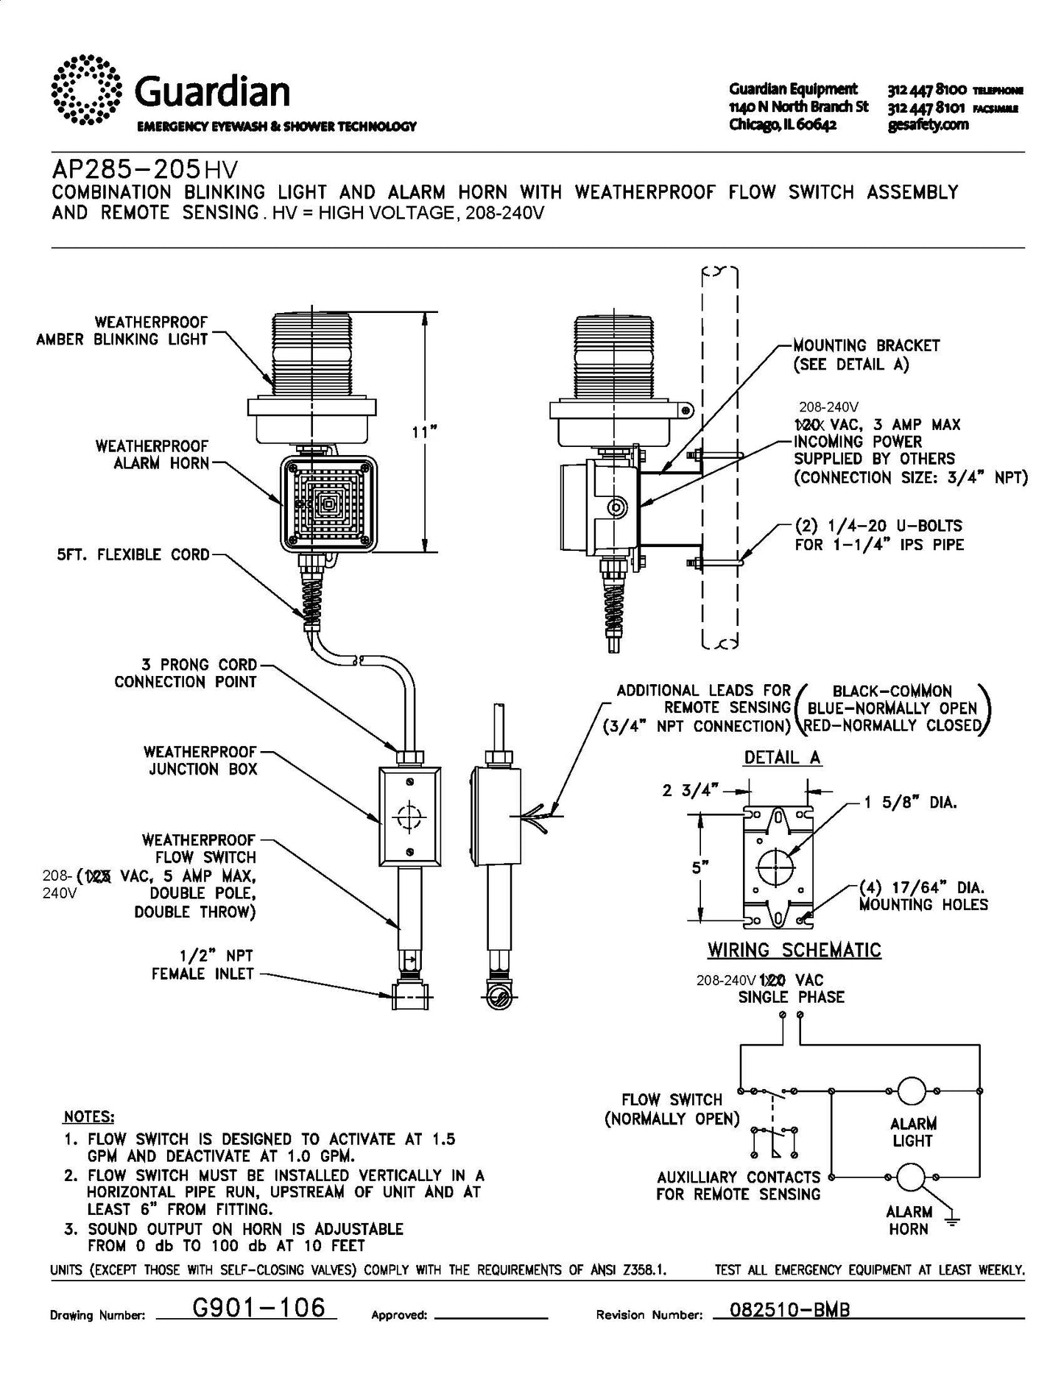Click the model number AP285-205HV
click(145, 170)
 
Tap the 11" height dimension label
click(420, 432)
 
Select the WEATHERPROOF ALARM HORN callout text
click(152, 455)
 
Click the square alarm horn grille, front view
click(328, 504)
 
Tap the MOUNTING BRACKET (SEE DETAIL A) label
click(867, 354)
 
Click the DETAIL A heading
click(782, 758)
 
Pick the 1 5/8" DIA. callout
click(910, 802)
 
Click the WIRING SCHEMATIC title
click(795, 950)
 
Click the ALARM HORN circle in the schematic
click(911, 1177)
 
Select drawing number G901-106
click(258, 1307)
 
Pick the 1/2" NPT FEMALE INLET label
click(202, 965)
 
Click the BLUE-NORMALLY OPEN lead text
click(892, 708)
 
